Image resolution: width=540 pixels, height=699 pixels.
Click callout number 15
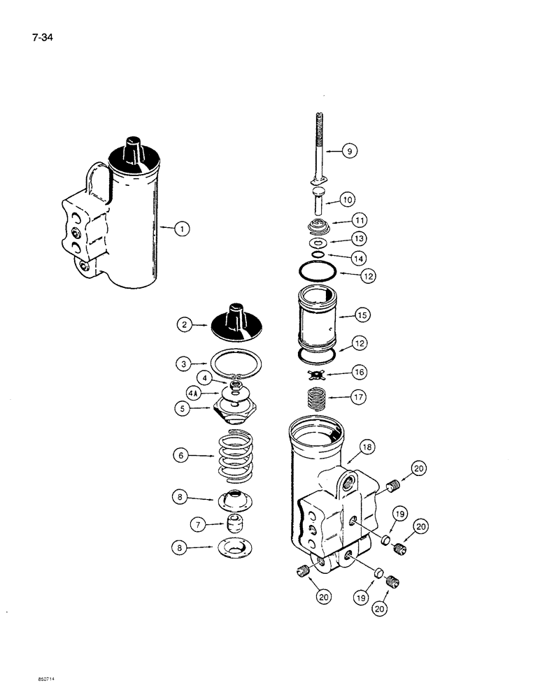361,316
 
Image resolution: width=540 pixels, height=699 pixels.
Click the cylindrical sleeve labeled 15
318,315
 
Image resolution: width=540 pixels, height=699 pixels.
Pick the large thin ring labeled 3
238,363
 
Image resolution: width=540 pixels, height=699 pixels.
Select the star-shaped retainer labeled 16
318,373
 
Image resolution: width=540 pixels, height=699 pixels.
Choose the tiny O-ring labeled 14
318,255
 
